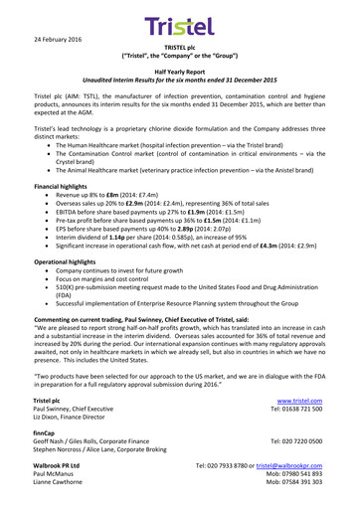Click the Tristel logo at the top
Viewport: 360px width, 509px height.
click(179, 22)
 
